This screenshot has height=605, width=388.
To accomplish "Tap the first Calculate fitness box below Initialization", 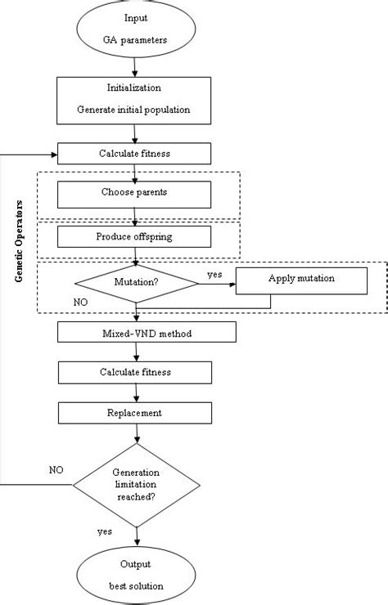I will pos(136,153).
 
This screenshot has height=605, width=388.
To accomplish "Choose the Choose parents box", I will pos(134,194).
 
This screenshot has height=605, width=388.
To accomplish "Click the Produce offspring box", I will pos(134,236).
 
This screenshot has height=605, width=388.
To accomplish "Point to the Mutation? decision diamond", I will pos(137,285).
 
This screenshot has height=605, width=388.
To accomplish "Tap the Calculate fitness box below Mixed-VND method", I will pos(136,373).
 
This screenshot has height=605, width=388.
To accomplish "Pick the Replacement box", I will pos(136,413).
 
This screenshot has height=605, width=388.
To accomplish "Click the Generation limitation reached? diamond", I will pos(136,484).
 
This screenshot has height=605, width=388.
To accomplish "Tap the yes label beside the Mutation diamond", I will pos(214,276).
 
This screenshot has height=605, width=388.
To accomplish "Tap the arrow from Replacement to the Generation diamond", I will pos(136,435).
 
